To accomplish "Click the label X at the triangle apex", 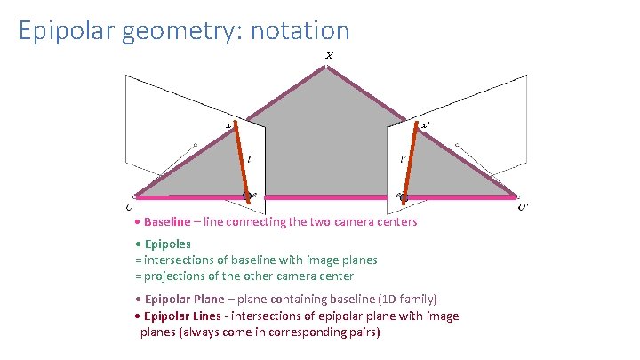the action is click(329, 56).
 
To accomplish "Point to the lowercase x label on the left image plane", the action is click(228, 126).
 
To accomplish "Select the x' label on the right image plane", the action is click(425, 126).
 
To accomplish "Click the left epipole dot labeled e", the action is click(248, 195).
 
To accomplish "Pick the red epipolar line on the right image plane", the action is click(410, 160).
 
